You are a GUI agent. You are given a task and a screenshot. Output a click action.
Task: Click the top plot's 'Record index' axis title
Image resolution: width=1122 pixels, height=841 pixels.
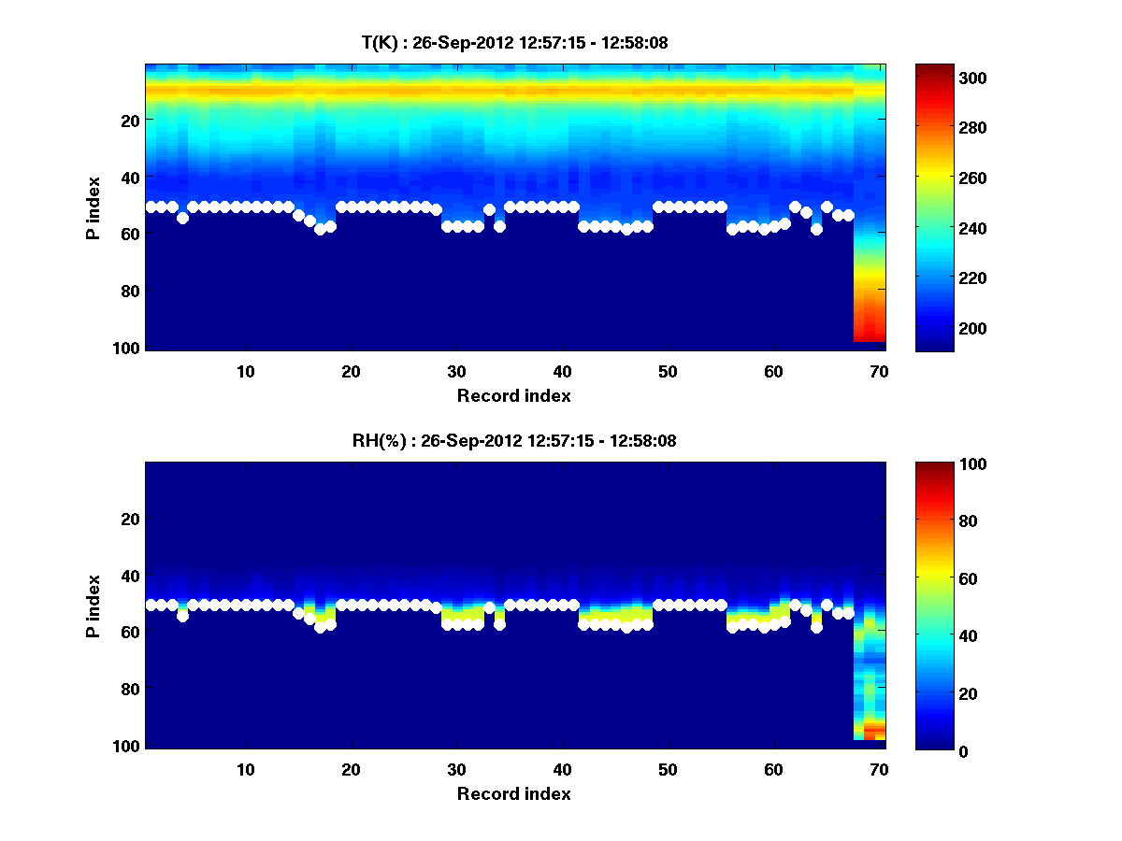tap(513, 395)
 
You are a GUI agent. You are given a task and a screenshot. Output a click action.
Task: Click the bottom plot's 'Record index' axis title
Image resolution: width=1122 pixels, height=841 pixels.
tap(513, 793)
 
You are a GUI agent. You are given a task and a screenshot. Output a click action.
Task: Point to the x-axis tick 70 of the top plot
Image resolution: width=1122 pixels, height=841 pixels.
tap(879, 371)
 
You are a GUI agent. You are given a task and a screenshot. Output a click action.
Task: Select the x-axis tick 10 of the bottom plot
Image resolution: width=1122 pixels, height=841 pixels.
tap(245, 769)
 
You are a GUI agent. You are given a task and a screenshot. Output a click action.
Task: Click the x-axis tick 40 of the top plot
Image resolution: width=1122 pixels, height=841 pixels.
tap(562, 371)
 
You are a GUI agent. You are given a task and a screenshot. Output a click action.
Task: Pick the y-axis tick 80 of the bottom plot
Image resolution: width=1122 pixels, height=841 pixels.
tap(130, 690)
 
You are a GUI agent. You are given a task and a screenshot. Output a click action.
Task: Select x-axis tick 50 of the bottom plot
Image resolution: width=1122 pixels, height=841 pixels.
tap(668, 769)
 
